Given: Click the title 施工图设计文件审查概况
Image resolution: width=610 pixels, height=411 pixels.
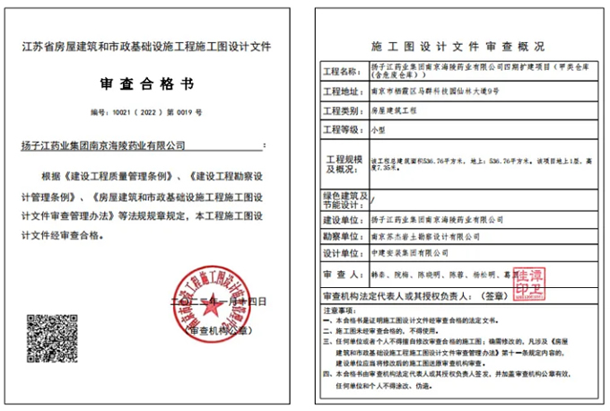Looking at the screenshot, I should pos(457,46).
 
